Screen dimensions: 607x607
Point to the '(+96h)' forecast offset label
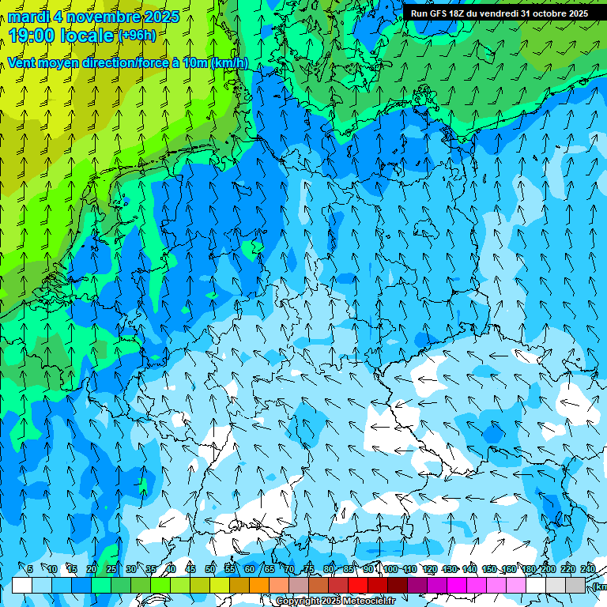[x=137, y=35]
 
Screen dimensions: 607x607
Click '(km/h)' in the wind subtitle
[x=230, y=63]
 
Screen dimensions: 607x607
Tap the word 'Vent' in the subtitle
[x=23, y=63]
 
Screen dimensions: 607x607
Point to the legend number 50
[x=210, y=569]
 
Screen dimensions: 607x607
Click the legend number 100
[x=390, y=569]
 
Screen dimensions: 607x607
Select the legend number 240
[x=588, y=569]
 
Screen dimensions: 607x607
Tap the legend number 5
[x=30, y=569]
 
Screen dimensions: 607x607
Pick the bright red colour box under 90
[x=358, y=585]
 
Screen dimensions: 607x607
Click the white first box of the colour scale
[x=22, y=585]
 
